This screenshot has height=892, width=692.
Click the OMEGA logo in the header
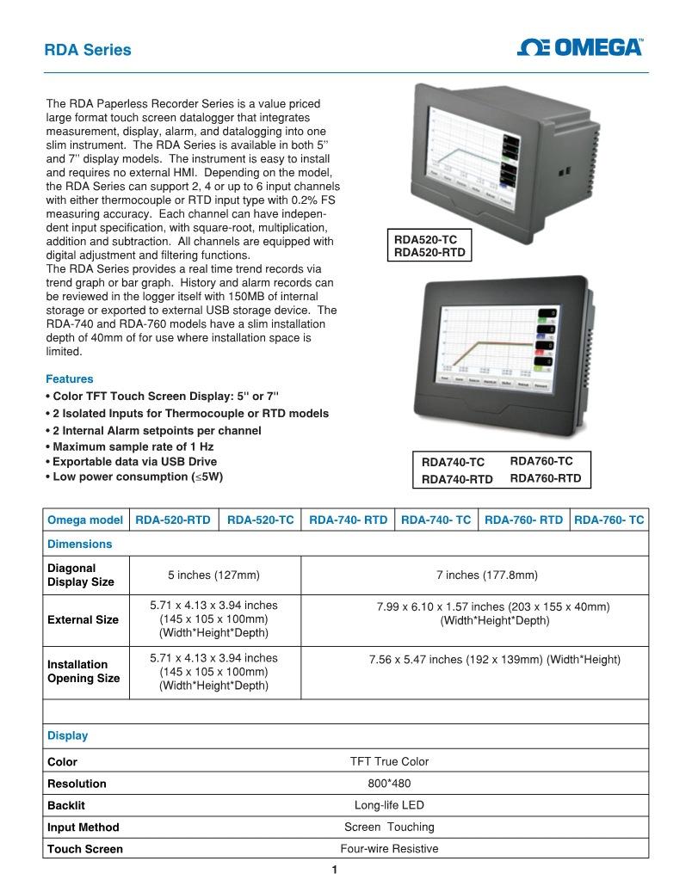579,47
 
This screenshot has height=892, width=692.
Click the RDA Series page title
88,50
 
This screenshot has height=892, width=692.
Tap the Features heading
69,378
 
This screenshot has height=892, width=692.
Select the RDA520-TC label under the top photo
426,240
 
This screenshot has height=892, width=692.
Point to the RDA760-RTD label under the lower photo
546,478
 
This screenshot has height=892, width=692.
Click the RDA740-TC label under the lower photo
453,463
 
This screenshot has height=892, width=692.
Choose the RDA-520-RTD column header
173,520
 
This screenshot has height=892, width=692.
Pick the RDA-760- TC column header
609,520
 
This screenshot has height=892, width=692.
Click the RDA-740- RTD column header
348,520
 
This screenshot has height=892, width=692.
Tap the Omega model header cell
85,520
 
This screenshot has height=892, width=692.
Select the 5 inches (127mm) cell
213,575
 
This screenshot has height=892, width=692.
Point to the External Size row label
83,619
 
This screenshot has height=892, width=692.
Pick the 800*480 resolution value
389,784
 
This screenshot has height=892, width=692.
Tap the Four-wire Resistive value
389,849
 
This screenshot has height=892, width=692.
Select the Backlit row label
66,806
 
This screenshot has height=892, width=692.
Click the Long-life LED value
389,805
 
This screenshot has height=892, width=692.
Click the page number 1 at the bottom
335,870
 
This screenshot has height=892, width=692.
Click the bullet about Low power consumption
136,477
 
